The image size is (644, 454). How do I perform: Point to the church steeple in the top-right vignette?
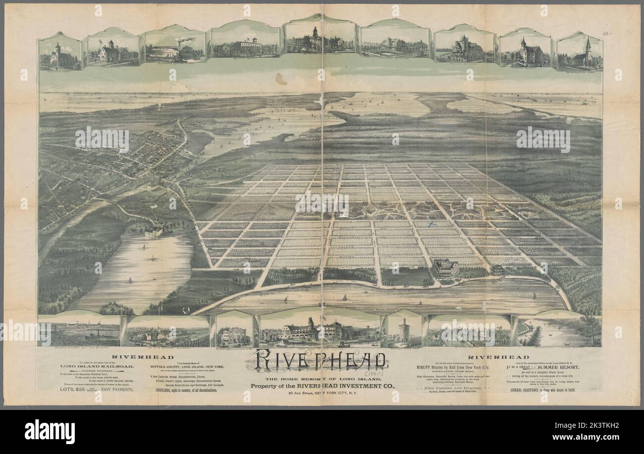(x=588, y=45)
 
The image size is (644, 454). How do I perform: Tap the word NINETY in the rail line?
(x=427, y=367)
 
